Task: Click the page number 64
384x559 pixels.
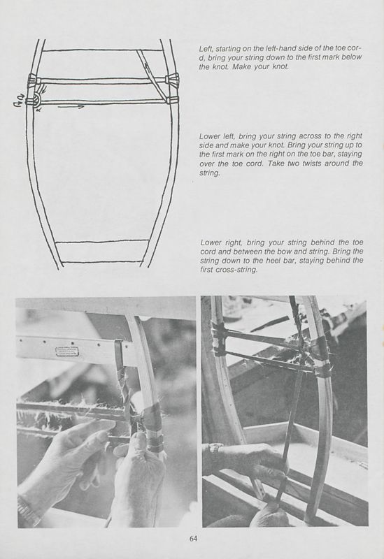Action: (193, 538)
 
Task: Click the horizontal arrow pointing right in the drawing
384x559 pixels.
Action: (71, 107)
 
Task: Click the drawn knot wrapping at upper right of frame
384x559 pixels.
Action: (171, 80)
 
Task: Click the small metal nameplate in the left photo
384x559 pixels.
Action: (66, 351)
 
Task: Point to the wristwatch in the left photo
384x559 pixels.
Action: (27, 510)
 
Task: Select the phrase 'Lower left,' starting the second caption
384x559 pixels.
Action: (216, 136)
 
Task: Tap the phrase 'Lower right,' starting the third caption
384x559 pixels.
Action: (221, 242)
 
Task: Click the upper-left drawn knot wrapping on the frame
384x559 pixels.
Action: (34, 80)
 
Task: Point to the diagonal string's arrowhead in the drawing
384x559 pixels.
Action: (146, 65)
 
